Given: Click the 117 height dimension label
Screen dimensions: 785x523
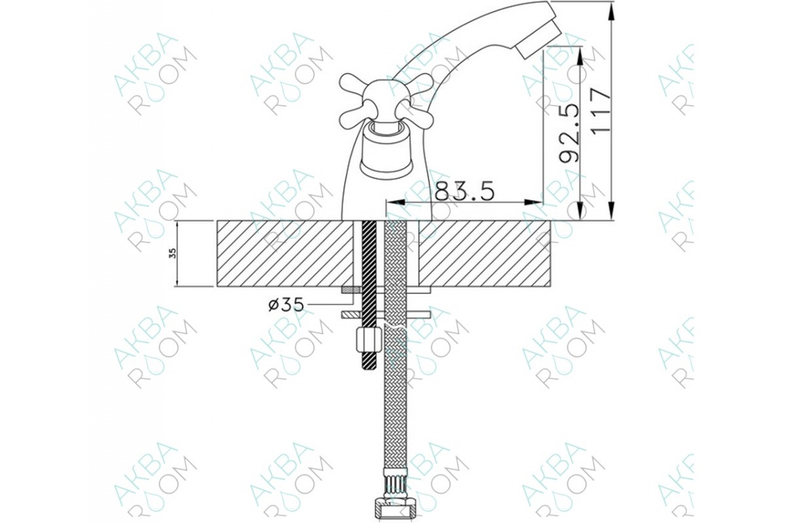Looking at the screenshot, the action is click(601, 110).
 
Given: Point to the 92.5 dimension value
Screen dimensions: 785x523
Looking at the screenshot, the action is click(568, 133).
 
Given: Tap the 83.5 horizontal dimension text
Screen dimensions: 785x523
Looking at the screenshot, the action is click(464, 191).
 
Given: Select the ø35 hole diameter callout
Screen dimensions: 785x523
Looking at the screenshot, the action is click(286, 305).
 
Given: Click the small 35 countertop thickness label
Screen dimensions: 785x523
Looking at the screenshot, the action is click(173, 254).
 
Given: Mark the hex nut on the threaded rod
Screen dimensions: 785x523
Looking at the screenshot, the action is click(368, 339).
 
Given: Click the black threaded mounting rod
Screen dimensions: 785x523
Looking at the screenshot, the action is click(368, 295).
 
